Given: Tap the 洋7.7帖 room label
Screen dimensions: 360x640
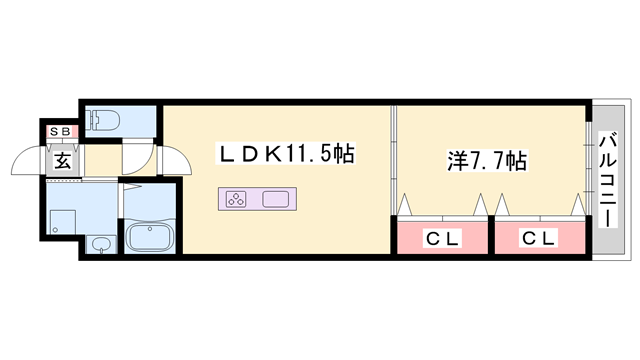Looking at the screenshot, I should pyautogui.click(x=485, y=159).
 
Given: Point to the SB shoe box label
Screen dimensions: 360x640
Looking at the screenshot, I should pyautogui.click(x=62, y=130).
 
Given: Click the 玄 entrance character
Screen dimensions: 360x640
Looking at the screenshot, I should pyautogui.click(x=62, y=159).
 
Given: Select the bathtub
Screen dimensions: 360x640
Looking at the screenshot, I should pyautogui.click(x=150, y=237).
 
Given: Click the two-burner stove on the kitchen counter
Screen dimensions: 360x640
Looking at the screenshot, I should pyautogui.click(x=237, y=198).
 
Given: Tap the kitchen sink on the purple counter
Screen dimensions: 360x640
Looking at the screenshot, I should pyautogui.click(x=276, y=198).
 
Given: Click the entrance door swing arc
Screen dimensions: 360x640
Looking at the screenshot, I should pyautogui.click(x=28, y=160).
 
